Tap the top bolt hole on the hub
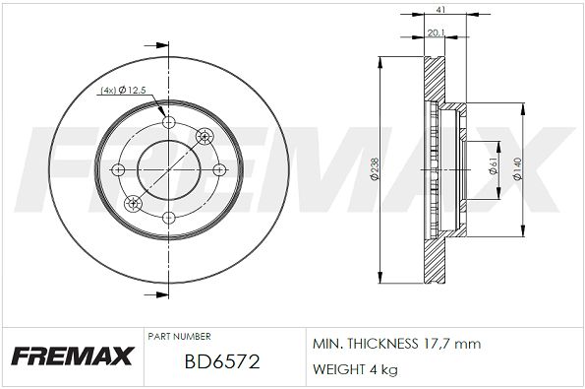pos(168,122)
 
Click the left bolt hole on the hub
pos(121,169)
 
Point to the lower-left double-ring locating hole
pos(134,204)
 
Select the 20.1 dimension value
pos(435,32)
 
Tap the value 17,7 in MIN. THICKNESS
pos(433,344)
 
